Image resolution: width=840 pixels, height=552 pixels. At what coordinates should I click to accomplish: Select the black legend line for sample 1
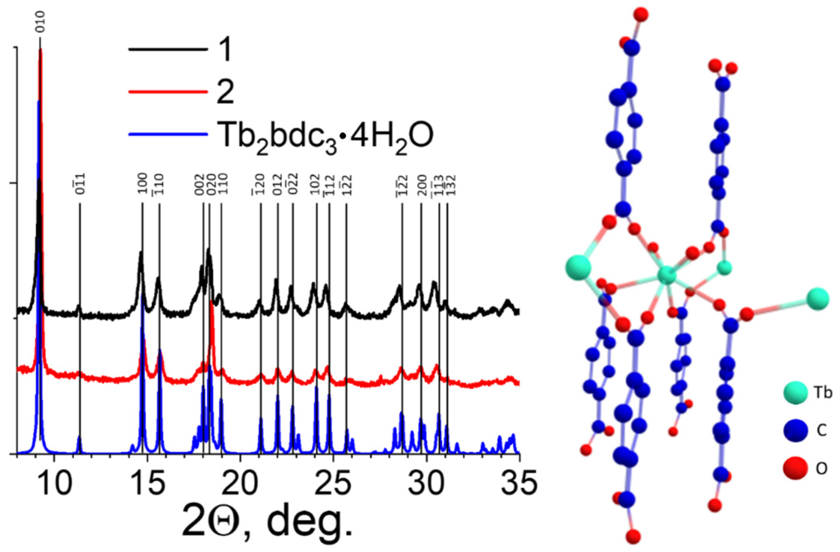tap(168, 50)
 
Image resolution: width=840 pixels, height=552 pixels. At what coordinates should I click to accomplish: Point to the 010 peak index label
tap(40, 22)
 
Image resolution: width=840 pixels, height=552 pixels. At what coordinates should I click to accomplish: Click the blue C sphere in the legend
tap(795, 430)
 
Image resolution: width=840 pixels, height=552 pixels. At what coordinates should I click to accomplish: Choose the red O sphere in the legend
tap(795, 469)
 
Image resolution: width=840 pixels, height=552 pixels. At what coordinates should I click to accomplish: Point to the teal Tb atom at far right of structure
tap(818, 299)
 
